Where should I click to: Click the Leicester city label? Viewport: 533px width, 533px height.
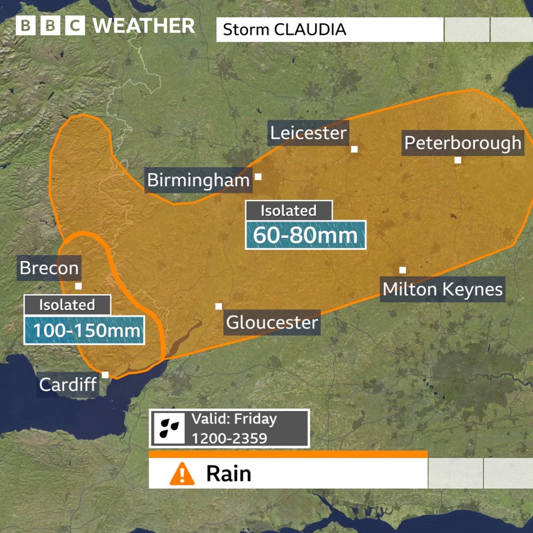pyautogui.click(x=308, y=133)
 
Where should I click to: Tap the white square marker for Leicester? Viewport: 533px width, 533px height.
pyautogui.click(x=354, y=149)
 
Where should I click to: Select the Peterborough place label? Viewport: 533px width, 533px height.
pyautogui.click(x=462, y=143)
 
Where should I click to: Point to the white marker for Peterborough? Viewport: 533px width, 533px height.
pyautogui.click(x=458, y=160)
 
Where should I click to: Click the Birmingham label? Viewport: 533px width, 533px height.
pyautogui.click(x=199, y=180)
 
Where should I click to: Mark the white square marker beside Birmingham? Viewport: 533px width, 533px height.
pyautogui.click(x=258, y=177)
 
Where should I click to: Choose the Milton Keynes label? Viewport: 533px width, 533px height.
pyautogui.click(x=442, y=290)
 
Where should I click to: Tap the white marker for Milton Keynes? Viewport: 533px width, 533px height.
pyautogui.click(x=402, y=270)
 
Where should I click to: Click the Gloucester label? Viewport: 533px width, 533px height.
pyautogui.click(x=272, y=322)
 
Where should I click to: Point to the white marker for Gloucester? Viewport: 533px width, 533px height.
pyautogui.click(x=219, y=306)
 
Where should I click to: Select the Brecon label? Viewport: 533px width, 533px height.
pyautogui.click(x=49, y=268)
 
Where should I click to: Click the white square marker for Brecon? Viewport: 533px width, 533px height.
pyautogui.click(x=79, y=286)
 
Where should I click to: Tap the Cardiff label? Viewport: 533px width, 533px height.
pyautogui.click(x=68, y=385)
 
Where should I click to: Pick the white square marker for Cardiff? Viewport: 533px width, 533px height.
pyautogui.click(x=105, y=375)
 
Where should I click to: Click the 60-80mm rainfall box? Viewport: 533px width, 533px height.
pyautogui.click(x=306, y=235)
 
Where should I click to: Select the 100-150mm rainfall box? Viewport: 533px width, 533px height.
pyautogui.click(x=84, y=330)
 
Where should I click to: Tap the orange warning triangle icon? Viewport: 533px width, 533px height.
pyautogui.click(x=182, y=473)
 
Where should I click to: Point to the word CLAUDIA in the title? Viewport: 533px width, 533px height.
pyautogui.click(x=310, y=30)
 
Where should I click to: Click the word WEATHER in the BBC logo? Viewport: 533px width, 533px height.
pyautogui.click(x=144, y=26)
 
